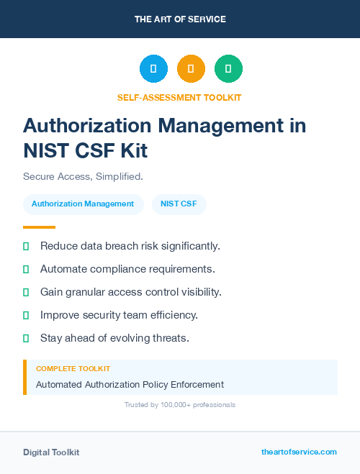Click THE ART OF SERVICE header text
[x=180, y=19]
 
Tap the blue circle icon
[x=153, y=68]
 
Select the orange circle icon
[x=191, y=68]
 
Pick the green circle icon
[x=228, y=68]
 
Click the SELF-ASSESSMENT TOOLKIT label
[x=179, y=97]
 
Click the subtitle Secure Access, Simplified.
[x=83, y=176]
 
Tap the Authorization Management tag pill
[x=83, y=204]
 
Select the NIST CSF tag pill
[x=179, y=204]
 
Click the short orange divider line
[x=39, y=227]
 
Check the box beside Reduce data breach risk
[x=26, y=246]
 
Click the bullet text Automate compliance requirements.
[x=127, y=269]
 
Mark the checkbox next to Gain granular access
[x=26, y=292]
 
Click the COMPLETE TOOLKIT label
[x=73, y=368]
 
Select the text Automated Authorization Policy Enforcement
[x=130, y=384]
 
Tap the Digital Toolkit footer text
[x=51, y=452]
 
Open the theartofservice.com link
[x=299, y=452]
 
